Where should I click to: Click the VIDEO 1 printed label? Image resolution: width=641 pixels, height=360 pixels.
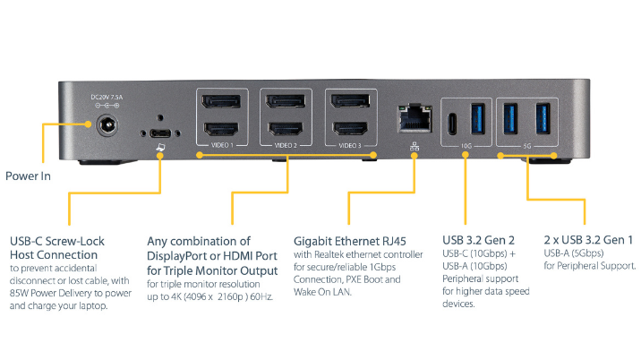[219, 144]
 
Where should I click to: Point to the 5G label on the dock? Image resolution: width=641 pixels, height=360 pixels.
[527, 144]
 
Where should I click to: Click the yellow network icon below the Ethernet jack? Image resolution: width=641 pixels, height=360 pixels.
[414, 143]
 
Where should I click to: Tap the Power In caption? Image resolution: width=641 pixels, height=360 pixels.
[28, 176]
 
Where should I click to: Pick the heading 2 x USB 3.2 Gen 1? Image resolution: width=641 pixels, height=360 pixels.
[588, 240]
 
